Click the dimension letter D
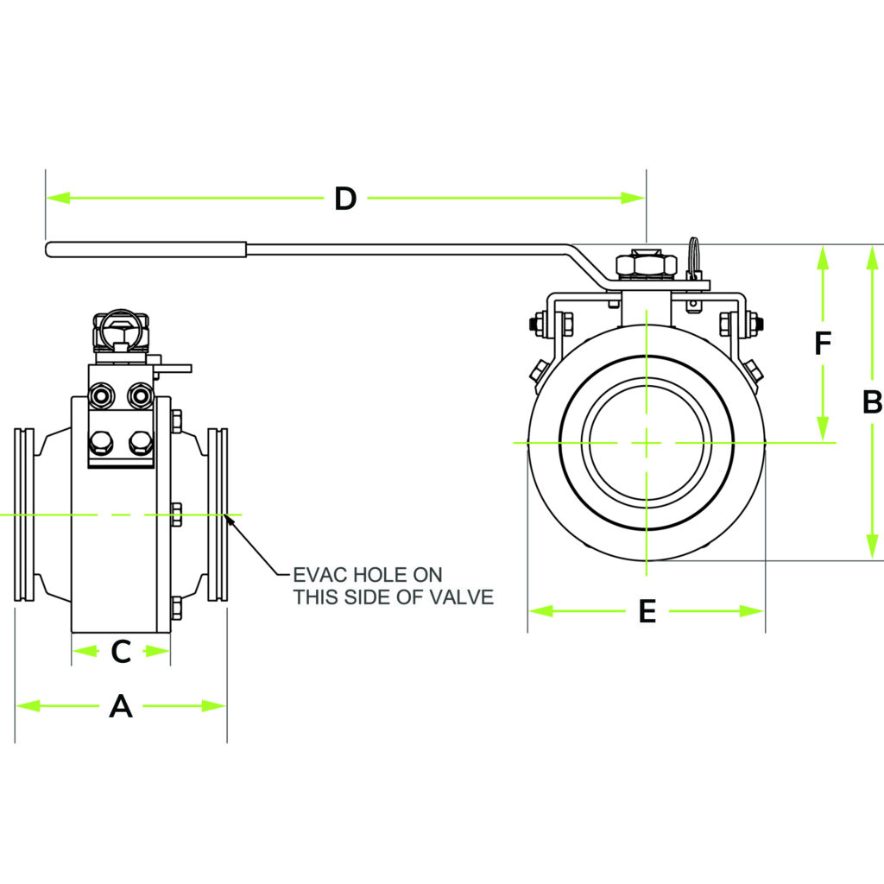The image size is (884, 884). point(345,199)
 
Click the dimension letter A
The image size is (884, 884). point(121,707)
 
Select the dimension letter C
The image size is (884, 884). point(121,651)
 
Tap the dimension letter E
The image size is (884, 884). point(647,611)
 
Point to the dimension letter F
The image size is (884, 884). point(823,344)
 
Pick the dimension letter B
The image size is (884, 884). point(872,402)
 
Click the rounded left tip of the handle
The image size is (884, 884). point(50,249)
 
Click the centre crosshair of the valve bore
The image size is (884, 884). point(646,442)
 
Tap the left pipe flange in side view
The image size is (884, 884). point(27,515)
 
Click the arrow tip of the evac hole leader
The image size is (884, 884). point(226,516)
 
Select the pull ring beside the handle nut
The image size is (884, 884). point(695,255)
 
